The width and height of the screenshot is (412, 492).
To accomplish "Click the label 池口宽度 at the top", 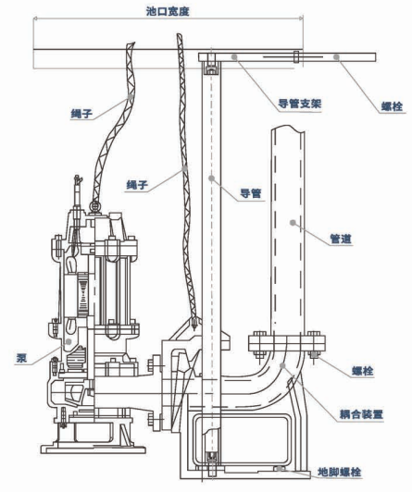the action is pos(168,11).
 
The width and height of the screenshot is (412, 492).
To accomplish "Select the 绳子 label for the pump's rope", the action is pos(81,114).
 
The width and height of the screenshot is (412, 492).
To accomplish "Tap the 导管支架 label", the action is pos(300,104).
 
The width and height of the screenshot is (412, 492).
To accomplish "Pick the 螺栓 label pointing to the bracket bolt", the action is pos(393,106).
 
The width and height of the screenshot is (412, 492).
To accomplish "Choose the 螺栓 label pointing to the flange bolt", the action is pos(363,371).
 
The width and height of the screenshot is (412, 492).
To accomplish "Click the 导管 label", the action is pos(251,193).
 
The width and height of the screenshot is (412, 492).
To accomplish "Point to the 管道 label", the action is pos(341,240).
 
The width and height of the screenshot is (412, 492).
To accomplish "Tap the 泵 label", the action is pos(21,358).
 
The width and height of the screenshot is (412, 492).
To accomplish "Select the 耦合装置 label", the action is pos(361,414).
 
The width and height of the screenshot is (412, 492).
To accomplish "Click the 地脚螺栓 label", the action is pos(340,473).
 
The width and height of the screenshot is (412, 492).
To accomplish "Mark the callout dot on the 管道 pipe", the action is pos(293,223).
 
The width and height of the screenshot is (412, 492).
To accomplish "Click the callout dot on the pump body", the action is pos(69,341).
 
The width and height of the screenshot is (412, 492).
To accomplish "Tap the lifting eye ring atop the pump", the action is pos(94,206).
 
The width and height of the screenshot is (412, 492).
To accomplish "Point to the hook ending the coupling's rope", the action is pos(194,323).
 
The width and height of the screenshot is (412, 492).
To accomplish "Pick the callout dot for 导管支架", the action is pos(234,56).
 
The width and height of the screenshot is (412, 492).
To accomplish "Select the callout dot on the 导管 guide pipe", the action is pos(212,178).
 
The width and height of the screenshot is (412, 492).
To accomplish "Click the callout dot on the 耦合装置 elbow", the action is pos(282,365).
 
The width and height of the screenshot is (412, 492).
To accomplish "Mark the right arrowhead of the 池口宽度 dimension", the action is pos(301,18).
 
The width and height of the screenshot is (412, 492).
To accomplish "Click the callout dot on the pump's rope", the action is pos(130,97).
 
